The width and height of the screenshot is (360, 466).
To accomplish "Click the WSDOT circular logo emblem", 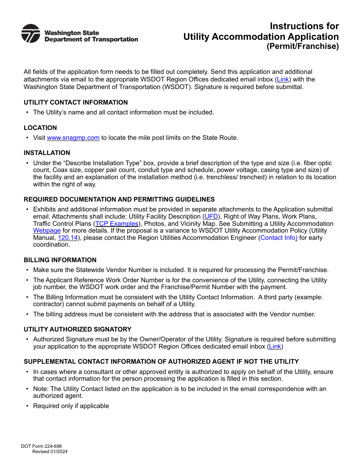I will tap(31, 34).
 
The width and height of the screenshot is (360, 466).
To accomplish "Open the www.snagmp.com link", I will tap(73, 138).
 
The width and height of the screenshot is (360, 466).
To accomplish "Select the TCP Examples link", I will tap(117, 224).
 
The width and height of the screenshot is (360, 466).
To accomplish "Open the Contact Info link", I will tap(279, 238).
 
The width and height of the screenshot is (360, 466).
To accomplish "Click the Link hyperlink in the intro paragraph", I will tap(283, 80).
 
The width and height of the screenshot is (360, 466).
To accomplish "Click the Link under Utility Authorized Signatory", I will tap(275, 347).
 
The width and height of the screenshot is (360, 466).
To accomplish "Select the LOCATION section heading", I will tap(40, 128).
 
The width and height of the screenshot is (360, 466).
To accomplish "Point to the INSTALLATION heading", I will tap(47, 153).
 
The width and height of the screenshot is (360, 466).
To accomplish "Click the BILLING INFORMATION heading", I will tap(60, 260).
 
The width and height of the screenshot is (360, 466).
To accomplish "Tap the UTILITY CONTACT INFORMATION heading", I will tap(76, 103).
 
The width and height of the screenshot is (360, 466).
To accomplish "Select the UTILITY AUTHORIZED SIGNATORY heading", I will tap(77, 330).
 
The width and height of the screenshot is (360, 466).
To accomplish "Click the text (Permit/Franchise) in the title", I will tap(302, 47).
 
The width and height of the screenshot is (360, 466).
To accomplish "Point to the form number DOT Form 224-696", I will tap(41, 446).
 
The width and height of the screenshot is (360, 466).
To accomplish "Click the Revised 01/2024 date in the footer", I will tap(50, 452).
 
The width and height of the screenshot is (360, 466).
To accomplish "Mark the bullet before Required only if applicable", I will tap(27, 406).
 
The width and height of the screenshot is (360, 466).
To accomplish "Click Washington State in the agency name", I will tap(72, 33).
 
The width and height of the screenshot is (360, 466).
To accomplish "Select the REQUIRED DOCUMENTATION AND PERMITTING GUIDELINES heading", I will tap(119, 200).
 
